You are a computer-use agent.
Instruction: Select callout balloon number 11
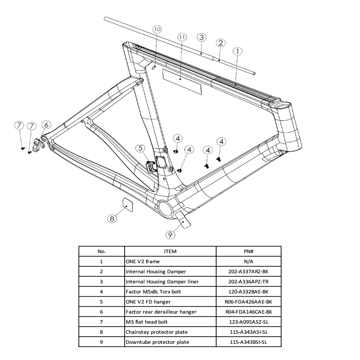[x=182, y=37]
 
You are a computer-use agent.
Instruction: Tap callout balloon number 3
[x=201, y=37]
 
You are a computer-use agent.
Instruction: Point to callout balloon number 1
[x=237, y=52]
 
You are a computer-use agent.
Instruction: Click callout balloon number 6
[x=46, y=125]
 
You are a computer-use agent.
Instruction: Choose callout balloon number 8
[x=112, y=219]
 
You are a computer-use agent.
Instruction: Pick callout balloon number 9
[x=170, y=235]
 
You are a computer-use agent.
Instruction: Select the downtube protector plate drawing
[x=183, y=220]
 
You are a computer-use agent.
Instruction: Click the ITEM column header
[x=170, y=251]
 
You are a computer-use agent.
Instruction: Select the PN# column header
[x=248, y=251]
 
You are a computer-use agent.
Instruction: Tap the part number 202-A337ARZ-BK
[x=248, y=271]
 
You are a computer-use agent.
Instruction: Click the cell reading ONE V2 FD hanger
[x=148, y=302]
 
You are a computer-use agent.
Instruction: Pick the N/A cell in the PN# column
[x=248, y=261]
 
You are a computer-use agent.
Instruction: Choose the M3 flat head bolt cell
[x=147, y=322]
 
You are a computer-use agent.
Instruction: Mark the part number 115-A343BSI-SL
[x=248, y=342]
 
